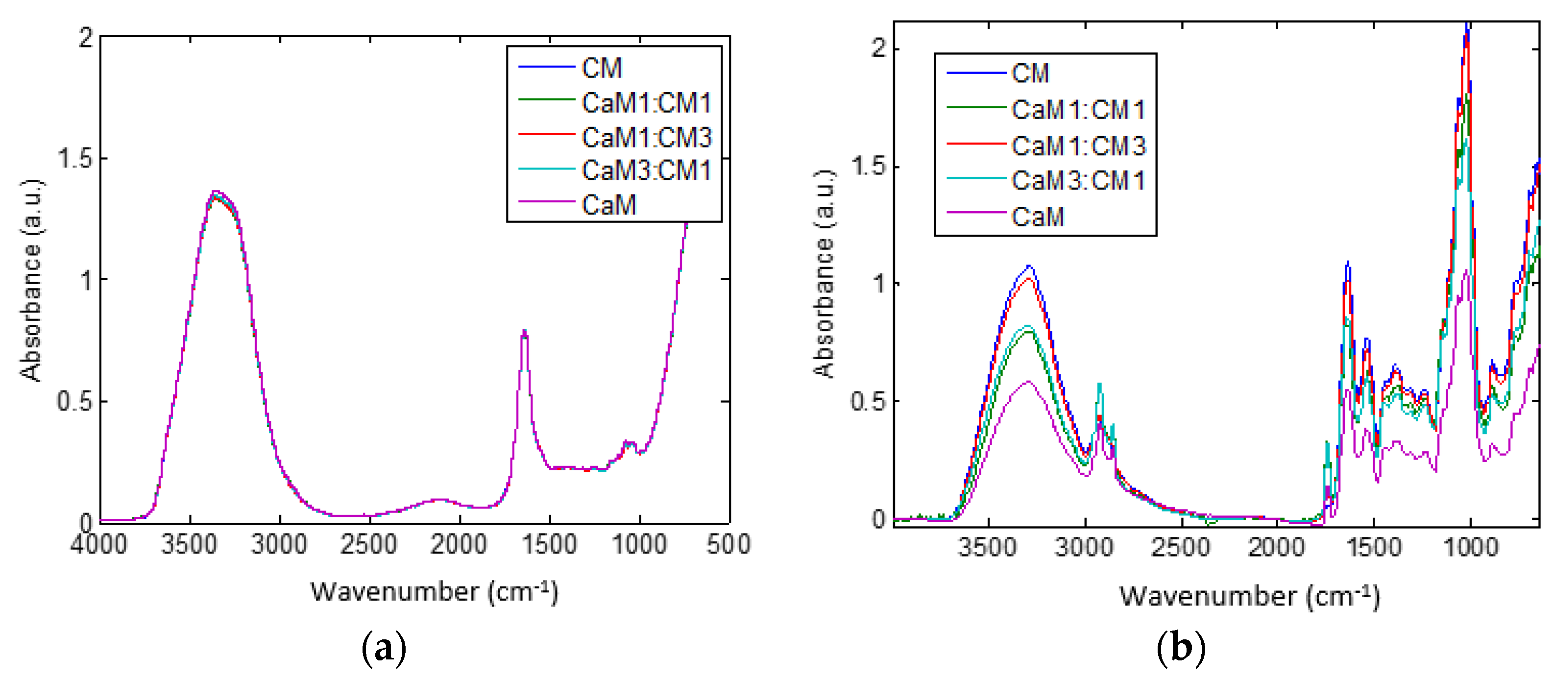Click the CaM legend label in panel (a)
tap(608, 205)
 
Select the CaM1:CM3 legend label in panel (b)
tap(1078, 146)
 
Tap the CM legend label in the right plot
tap(1030, 73)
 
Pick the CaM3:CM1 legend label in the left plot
tap(646, 171)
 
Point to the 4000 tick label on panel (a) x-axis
tap(99, 545)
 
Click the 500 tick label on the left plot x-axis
tap(728, 545)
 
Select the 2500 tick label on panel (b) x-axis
tap(1180, 547)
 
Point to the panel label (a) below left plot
tap(384, 649)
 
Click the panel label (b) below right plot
tap(1181, 649)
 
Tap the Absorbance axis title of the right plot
tap(825, 274)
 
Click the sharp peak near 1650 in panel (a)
tap(525, 331)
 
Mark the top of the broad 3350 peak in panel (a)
tap(216, 194)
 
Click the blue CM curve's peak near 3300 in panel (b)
tap(1029, 266)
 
